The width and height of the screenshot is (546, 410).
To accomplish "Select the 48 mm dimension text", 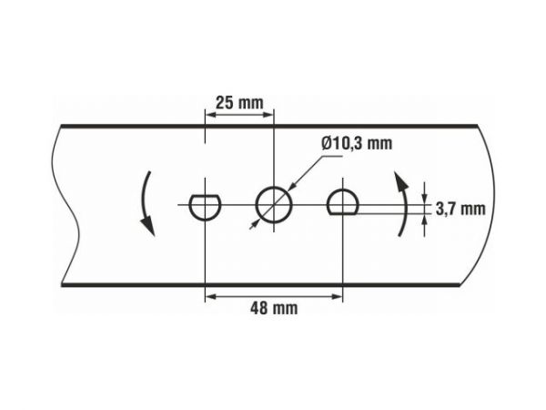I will coord(273,309).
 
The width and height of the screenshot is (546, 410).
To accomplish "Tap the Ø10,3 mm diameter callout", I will coord(357,143).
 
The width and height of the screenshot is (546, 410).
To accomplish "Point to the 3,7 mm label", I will coord(460,209).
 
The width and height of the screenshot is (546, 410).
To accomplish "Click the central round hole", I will coord(274,204).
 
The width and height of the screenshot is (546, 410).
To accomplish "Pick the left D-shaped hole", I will coord(206,206).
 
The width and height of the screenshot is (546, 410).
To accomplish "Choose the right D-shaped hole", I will coord(342,204).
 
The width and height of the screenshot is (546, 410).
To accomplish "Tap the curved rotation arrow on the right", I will coord(401,201).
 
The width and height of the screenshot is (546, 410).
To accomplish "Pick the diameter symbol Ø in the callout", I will coord(328,143).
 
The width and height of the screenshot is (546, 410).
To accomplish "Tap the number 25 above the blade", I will coord(224,101).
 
